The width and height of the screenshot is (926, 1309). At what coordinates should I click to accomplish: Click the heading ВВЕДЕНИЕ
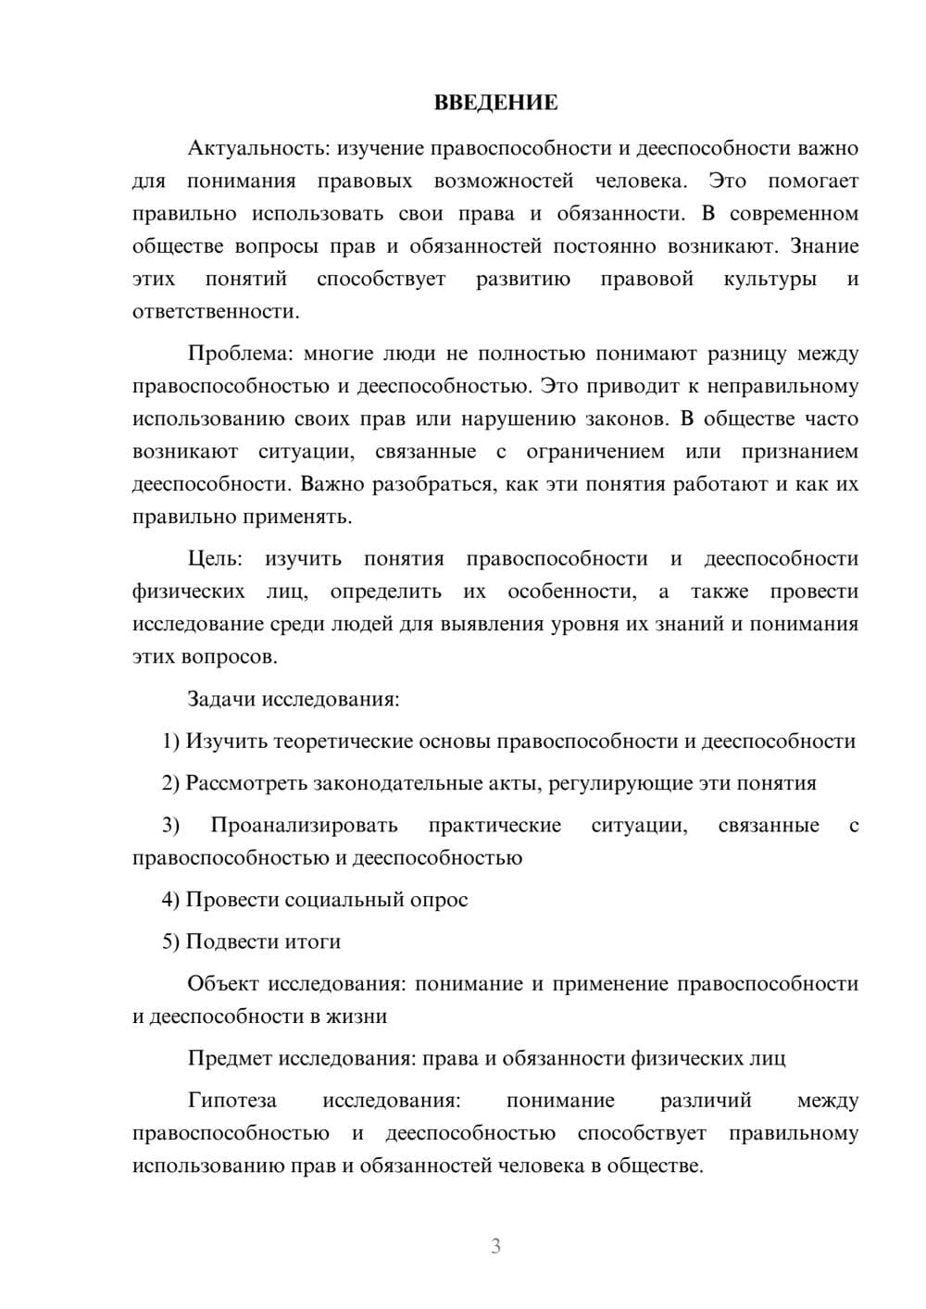pyautogui.click(x=495, y=103)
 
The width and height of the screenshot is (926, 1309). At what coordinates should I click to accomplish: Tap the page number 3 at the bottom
pyautogui.click(x=495, y=1246)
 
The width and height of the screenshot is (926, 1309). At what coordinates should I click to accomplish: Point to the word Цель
pyautogui.click(x=214, y=558)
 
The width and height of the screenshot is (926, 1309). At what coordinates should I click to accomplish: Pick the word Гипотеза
pyautogui.click(x=231, y=1100)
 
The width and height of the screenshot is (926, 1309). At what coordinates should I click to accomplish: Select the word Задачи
pyautogui.click(x=221, y=699)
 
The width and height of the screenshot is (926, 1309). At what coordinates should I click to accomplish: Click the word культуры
pyautogui.click(x=770, y=279)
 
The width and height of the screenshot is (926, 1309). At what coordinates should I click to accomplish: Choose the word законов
pyautogui.click(x=625, y=418)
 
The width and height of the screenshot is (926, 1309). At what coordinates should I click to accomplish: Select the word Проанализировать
pyautogui.click(x=304, y=825)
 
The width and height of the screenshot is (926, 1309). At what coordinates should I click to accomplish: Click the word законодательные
pyautogui.click(x=397, y=783)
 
